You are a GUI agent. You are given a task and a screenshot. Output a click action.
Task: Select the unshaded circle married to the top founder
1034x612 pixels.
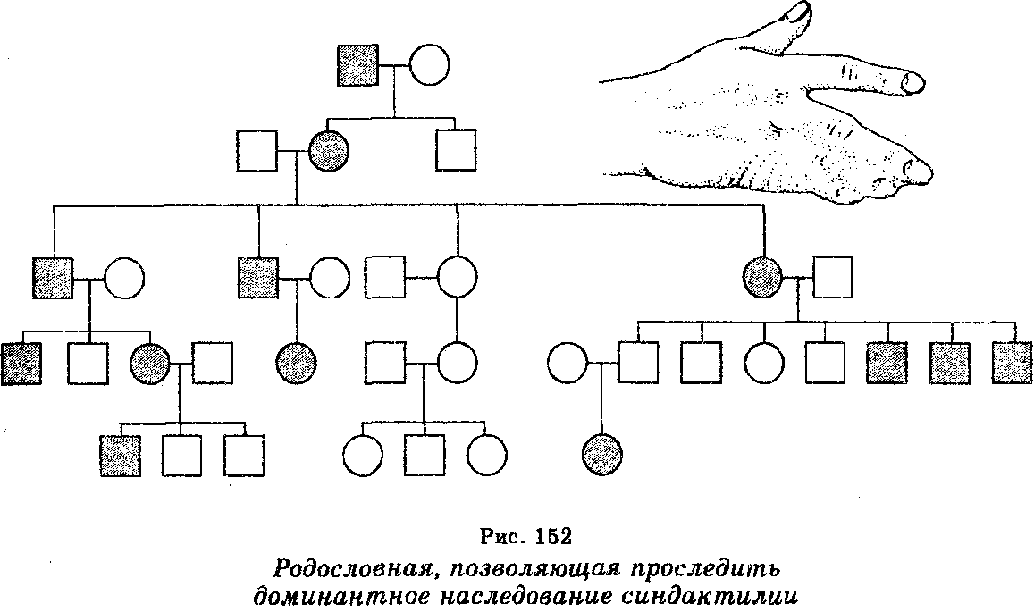[x=429, y=65]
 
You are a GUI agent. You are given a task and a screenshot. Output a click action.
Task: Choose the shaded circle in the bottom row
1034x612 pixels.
[x=600, y=456]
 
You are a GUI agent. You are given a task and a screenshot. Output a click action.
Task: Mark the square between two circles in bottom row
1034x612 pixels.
[x=424, y=456]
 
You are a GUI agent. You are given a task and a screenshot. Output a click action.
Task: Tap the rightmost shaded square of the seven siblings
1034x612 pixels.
[x=1013, y=363]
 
